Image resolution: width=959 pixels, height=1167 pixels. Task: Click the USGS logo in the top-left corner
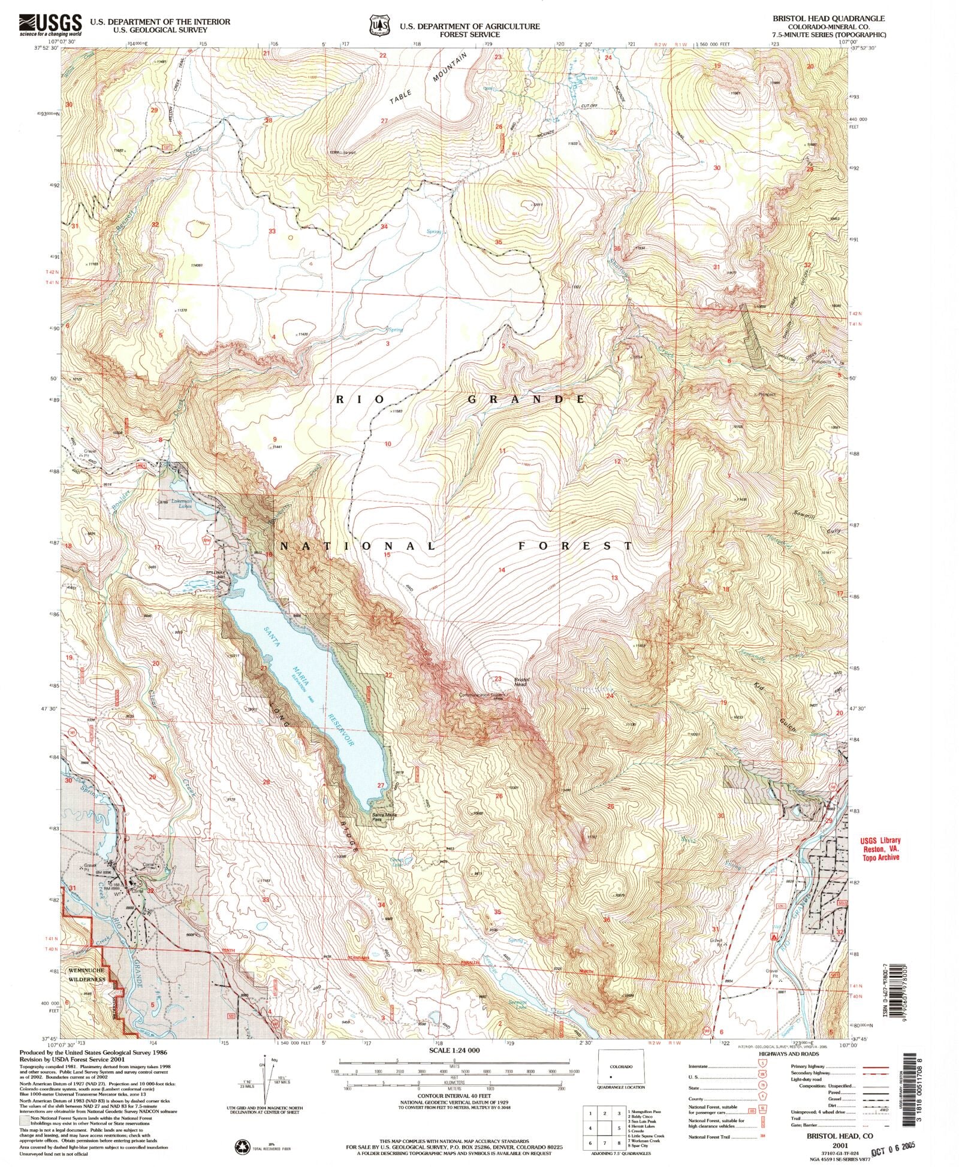pos(50,25)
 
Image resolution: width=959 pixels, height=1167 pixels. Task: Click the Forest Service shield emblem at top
pos(377,26)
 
